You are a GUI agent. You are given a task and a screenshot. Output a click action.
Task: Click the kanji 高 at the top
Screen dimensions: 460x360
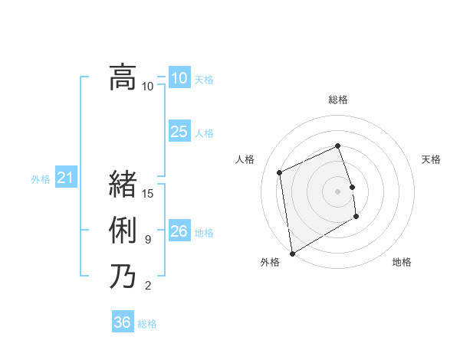click(x=123, y=77)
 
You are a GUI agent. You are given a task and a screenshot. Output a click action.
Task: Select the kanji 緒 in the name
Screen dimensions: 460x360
click(x=123, y=185)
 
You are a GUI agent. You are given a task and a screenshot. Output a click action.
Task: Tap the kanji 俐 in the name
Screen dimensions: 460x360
click(x=123, y=231)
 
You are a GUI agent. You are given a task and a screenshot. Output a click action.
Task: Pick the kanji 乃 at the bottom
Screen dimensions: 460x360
click(x=123, y=276)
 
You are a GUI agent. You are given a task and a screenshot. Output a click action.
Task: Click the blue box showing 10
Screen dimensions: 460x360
click(x=179, y=78)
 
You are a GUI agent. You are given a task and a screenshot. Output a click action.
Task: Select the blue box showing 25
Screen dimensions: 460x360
click(x=179, y=132)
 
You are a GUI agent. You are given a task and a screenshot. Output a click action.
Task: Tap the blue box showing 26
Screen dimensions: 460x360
click(x=179, y=231)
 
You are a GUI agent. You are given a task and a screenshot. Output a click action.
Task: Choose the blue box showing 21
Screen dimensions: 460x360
click(x=65, y=178)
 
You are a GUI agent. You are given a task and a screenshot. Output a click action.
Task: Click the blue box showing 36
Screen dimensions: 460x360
click(x=122, y=322)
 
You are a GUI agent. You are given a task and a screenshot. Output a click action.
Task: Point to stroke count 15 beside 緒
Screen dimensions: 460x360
click(x=149, y=194)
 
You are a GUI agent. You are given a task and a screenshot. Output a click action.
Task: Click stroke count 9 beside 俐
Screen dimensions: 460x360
click(x=148, y=240)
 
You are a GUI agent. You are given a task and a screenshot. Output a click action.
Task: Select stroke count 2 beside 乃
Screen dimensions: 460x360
click(x=148, y=286)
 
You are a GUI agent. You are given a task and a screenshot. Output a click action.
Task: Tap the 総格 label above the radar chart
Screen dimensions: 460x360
click(x=338, y=100)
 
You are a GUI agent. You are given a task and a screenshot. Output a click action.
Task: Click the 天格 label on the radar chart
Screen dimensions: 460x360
click(x=432, y=159)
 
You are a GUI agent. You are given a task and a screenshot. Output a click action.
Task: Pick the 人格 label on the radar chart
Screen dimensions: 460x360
click(x=245, y=159)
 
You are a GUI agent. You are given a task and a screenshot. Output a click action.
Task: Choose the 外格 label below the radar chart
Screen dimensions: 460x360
click(x=270, y=262)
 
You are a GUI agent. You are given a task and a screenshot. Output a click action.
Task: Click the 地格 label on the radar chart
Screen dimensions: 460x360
click(x=402, y=262)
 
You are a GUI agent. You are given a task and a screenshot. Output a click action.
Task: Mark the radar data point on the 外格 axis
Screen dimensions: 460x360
click(x=292, y=253)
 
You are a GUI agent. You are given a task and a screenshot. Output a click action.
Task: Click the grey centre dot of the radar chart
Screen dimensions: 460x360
click(x=338, y=191)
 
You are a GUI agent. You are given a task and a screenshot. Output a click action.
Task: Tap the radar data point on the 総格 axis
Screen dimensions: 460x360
click(x=338, y=146)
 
